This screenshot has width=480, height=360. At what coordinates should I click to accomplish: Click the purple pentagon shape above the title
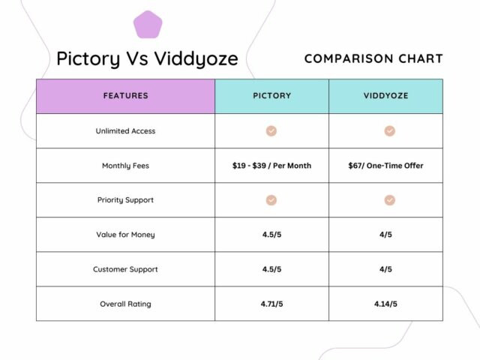(x=148, y=25)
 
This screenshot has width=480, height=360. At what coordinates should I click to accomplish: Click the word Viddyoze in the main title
(x=196, y=58)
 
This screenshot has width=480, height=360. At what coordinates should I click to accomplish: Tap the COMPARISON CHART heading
(x=373, y=58)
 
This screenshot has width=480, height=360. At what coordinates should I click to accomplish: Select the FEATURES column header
(x=125, y=96)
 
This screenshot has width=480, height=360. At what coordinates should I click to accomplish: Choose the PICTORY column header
(x=271, y=96)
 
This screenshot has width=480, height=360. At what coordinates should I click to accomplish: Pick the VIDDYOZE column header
(x=385, y=96)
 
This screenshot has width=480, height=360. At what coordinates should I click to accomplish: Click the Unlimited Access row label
(x=125, y=131)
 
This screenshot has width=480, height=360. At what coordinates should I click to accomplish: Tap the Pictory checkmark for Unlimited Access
(x=271, y=131)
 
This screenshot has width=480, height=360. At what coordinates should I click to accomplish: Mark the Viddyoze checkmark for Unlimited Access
(x=390, y=131)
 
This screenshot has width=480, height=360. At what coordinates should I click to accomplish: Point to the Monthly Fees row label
(x=125, y=166)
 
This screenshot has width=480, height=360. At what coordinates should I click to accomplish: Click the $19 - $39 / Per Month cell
(x=271, y=166)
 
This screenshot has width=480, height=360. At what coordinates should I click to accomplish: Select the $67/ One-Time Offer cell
(x=385, y=166)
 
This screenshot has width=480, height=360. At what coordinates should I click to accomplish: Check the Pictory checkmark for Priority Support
(x=271, y=200)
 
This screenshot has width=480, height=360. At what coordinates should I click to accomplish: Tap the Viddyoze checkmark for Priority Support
(x=390, y=200)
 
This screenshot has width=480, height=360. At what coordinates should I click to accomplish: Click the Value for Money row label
(x=125, y=235)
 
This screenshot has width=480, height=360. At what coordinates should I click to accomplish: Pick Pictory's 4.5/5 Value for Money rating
(x=271, y=235)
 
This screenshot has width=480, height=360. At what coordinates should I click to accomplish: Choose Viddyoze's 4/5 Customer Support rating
(x=385, y=269)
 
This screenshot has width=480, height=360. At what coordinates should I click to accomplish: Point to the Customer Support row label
(x=125, y=269)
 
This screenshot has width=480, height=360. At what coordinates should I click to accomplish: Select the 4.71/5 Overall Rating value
(x=271, y=304)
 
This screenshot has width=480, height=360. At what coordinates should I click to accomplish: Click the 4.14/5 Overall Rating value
(x=385, y=304)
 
